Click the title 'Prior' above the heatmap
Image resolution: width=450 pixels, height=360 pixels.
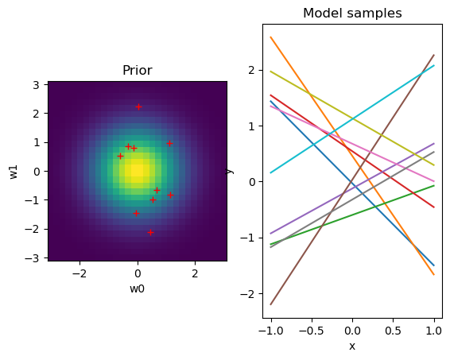137,71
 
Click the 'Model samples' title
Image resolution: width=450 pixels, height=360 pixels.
352,14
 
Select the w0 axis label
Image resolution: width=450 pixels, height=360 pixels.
137,288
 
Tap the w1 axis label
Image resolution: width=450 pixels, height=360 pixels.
14,171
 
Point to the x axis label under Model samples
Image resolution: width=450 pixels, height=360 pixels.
352,346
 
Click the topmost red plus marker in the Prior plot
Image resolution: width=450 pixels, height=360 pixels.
138,106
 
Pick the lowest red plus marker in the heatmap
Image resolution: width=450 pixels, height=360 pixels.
150,232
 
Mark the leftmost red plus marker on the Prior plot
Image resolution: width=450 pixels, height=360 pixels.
120,156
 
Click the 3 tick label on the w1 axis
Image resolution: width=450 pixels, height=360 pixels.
37,84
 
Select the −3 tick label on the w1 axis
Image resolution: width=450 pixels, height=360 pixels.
35,257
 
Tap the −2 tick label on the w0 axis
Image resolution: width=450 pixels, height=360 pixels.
79,273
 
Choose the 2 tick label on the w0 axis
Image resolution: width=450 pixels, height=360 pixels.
196,273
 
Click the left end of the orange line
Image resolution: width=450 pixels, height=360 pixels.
271,37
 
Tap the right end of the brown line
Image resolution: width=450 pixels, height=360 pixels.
434,55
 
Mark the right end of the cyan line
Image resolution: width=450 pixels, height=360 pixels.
434,65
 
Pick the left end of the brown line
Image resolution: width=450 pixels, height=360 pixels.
271,304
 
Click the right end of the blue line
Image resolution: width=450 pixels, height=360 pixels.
434,265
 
